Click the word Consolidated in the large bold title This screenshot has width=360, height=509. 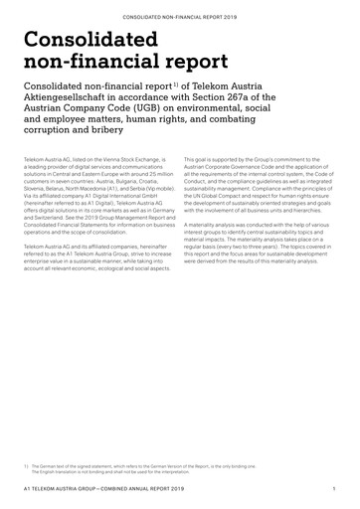(91, 41)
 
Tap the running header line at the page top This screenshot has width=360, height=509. (179, 17)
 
